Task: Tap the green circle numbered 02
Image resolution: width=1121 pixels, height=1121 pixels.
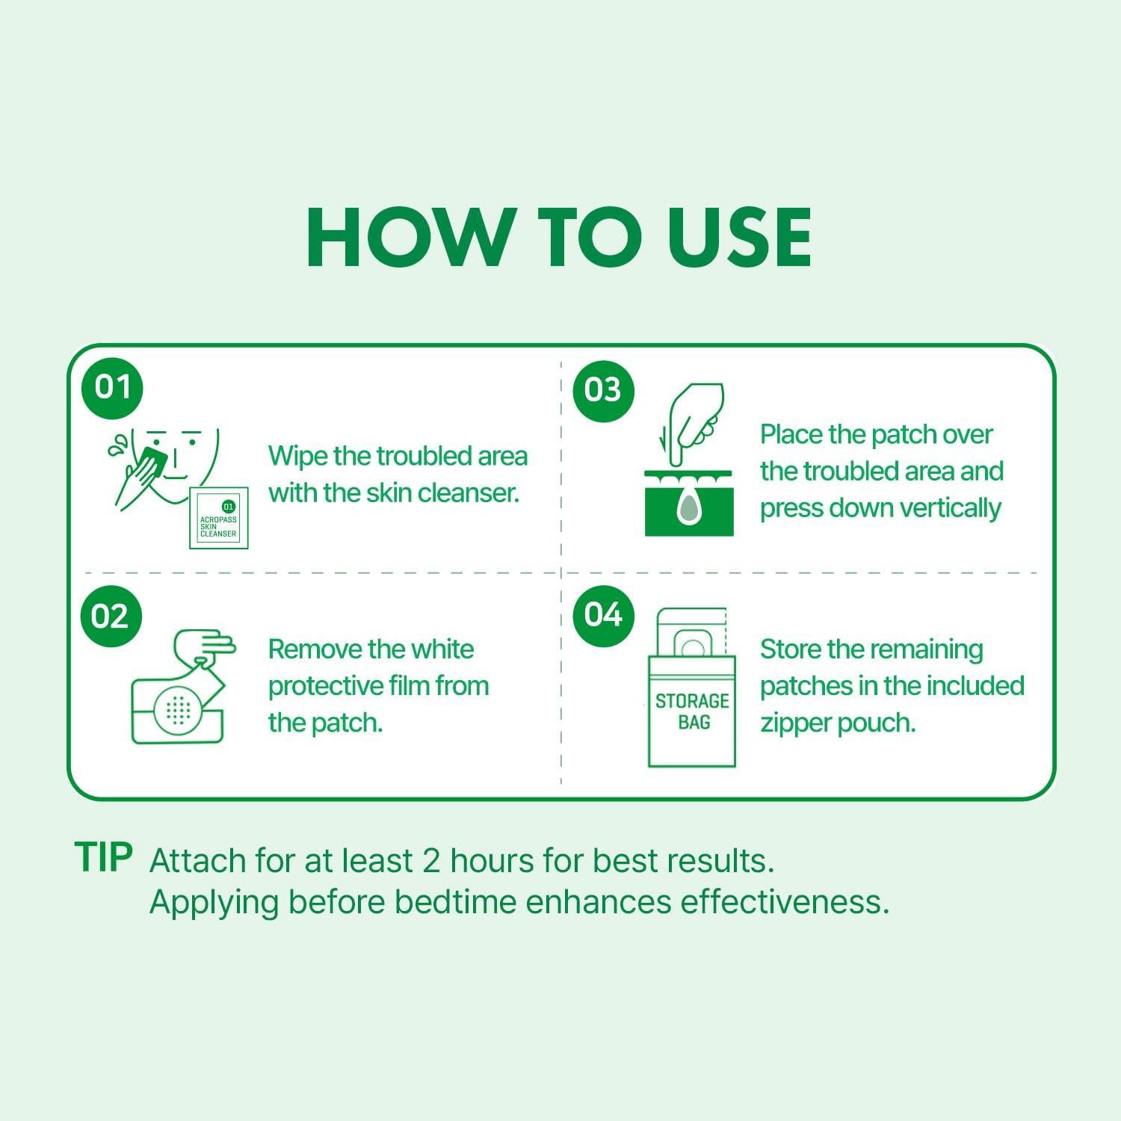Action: pyautogui.click(x=111, y=617)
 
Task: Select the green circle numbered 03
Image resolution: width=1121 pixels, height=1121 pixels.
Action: pyautogui.click(x=603, y=389)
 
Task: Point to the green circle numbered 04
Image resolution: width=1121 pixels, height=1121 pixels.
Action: pyautogui.click(x=603, y=614)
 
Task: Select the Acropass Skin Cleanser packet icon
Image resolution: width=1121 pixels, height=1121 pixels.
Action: pyautogui.click(x=219, y=518)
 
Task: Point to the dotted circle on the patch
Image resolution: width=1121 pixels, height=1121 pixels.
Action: pyautogui.click(x=178, y=711)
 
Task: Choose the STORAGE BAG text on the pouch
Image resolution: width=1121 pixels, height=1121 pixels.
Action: pyautogui.click(x=692, y=711)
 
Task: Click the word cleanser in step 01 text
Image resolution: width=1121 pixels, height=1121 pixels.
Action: pyautogui.click(x=468, y=493)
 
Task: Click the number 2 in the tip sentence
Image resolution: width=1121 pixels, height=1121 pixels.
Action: pyautogui.click(x=431, y=862)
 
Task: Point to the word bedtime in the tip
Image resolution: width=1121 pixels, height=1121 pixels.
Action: pyautogui.click(x=456, y=902)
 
